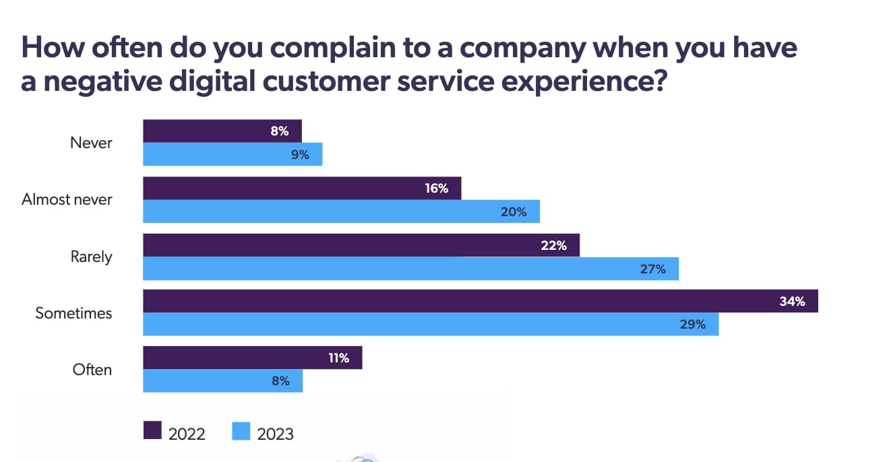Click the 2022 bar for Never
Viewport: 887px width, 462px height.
coord(222,131)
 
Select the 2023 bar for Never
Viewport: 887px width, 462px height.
coord(233,154)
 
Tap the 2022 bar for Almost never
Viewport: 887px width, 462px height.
coord(301,188)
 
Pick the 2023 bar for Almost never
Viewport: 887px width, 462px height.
coord(341,211)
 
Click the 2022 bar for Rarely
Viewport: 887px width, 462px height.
coord(361,245)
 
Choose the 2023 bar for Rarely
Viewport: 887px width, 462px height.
coord(410,269)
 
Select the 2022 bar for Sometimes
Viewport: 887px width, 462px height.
coord(480,301)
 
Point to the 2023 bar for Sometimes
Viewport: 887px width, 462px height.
coord(431,324)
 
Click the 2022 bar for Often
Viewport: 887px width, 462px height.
coord(252,358)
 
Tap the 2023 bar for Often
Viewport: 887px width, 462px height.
coord(222,381)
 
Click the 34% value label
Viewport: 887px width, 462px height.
coord(792,302)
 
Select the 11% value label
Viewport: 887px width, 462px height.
coord(338,358)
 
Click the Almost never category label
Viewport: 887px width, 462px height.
coord(67,199)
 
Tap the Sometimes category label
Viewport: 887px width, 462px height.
coord(73,313)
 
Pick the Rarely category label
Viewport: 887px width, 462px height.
coord(91,257)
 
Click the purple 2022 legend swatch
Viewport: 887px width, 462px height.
coord(153,431)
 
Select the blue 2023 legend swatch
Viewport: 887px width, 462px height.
coord(241,431)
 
